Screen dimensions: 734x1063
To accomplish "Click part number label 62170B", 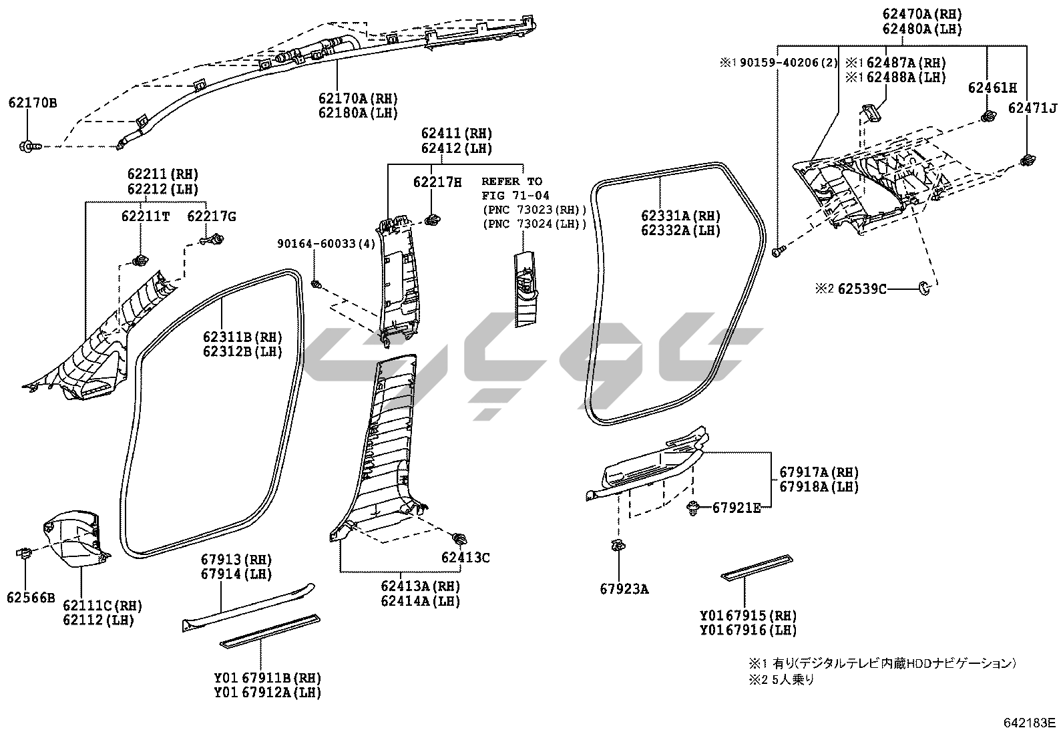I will point(32,103).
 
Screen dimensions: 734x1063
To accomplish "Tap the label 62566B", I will point(31,597).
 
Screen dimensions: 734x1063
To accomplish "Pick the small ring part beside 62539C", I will point(925,288).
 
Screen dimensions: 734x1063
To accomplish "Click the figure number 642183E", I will point(1029,723).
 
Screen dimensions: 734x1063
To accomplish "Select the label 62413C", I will point(465,557).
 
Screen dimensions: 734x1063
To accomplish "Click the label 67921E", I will point(736,508).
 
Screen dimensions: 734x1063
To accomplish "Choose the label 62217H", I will point(437,182).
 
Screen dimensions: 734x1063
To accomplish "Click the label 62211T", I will point(146,216).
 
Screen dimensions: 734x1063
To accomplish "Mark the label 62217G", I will point(211,216).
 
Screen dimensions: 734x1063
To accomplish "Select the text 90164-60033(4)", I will point(326,244).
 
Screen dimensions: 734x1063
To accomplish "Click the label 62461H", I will point(992,87).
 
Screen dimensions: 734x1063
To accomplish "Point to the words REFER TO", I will point(511,181).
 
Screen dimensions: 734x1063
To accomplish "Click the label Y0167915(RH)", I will point(748,615).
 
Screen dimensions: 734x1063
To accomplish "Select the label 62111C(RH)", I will point(102,605).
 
